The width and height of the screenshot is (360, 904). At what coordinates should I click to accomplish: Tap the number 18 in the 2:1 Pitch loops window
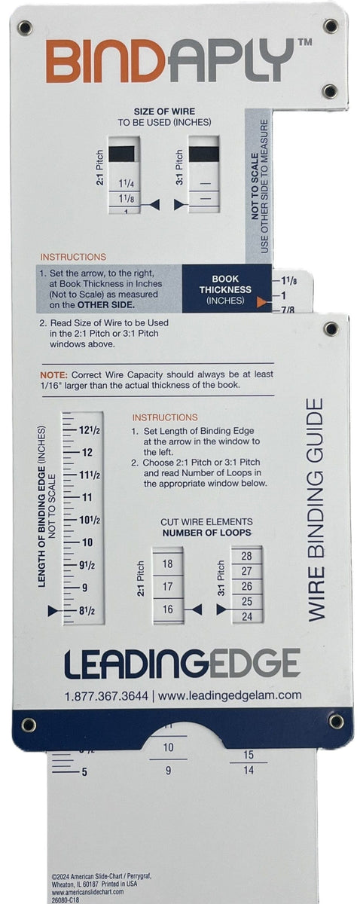167,563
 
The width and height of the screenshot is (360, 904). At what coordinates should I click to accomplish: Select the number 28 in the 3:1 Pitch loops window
246,556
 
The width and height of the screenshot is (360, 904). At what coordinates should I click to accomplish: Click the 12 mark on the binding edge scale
87,452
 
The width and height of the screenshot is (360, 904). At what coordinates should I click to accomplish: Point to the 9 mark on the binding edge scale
84,587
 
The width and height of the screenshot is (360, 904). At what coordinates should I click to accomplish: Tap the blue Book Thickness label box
225,289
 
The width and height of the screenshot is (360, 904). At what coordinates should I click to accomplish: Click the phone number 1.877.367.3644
105,695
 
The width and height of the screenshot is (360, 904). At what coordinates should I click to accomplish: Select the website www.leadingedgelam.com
230,695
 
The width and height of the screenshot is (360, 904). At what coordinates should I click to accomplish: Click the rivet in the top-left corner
25,28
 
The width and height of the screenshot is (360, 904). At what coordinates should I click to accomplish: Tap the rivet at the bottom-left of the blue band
29,725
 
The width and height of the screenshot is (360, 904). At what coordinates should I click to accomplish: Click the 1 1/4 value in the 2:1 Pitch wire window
125,183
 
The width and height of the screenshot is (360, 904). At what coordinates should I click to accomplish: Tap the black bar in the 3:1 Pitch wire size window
203,154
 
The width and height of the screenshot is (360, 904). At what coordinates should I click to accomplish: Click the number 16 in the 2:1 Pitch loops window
167,609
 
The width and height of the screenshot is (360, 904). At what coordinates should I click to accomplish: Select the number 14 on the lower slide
249,770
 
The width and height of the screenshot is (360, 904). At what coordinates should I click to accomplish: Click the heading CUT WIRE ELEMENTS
206,521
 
